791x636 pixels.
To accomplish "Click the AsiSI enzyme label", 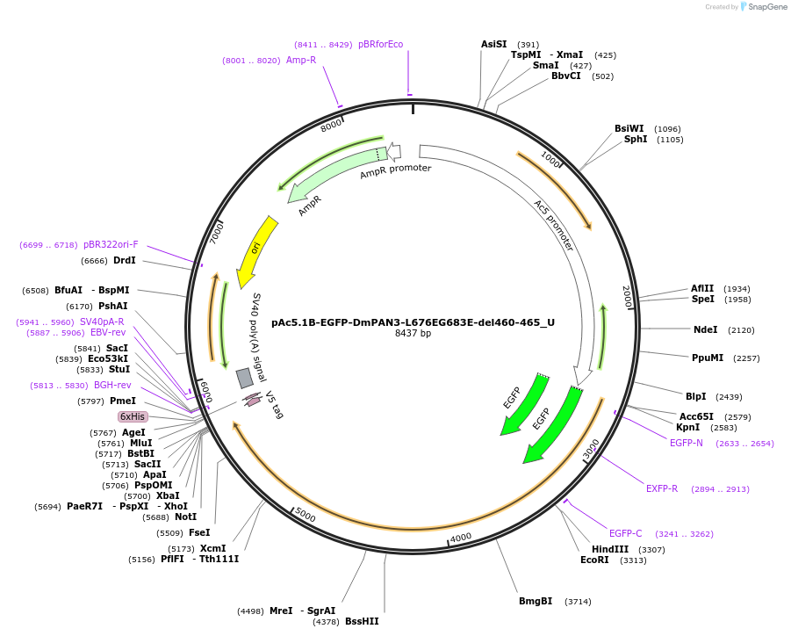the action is pyautogui.click(x=493, y=44).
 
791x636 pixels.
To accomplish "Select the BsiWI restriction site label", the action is pyautogui.click(x=629, y=128).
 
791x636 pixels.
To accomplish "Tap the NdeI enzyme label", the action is pyautogui.click(x=706, y=330).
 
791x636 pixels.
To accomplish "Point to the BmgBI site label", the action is pyautogui.click(x=536, y=601).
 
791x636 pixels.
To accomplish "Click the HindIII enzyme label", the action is pyautogui.click(x=610, y=549).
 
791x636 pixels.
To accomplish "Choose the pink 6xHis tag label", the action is pyautogui.click(x=133, y=416).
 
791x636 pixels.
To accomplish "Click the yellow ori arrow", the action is pyautogui.click(x=257, y=251).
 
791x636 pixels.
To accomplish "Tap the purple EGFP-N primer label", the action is pyautogui.click(x=687, y=443).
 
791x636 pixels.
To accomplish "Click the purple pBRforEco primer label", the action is pyautogui.click(x=380, y=44).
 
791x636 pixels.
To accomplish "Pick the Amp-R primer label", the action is pyautogui.click(x=301, y=60).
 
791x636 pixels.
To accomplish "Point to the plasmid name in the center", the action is pyautogui.click(x=413, y=322).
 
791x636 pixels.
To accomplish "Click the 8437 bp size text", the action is pyautogui.click(x=413, y=334).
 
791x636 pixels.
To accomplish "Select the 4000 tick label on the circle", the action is pyautogui.click(x=461, y=537).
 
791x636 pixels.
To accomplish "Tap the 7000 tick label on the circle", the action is pyautogui.click(x=218, y=234).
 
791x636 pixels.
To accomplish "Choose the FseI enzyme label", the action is pyautogui.click(x=199, y=532).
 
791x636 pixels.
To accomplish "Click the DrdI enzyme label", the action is pyautogui.click(x=125, y=260).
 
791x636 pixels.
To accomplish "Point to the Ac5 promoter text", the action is pyautogui.click(x=553, y=225).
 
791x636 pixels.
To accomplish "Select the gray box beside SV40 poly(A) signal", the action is pyautogui.click(x=245, y=378).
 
